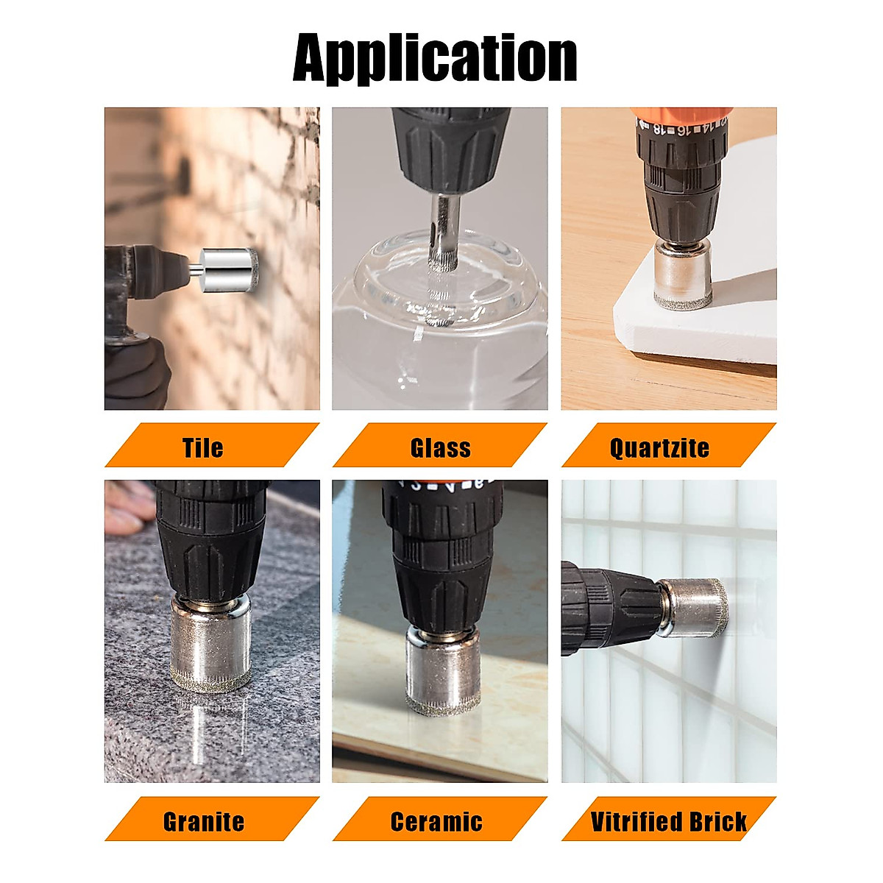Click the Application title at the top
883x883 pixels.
[434, 57]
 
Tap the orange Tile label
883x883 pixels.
[203, 447]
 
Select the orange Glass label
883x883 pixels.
[440, 447]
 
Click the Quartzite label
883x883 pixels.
[660, 447]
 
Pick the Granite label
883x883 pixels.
[204, 821]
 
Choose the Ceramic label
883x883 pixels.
[436, 821]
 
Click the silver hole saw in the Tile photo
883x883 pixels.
[227, 269]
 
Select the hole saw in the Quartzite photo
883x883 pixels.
[682, 275]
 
